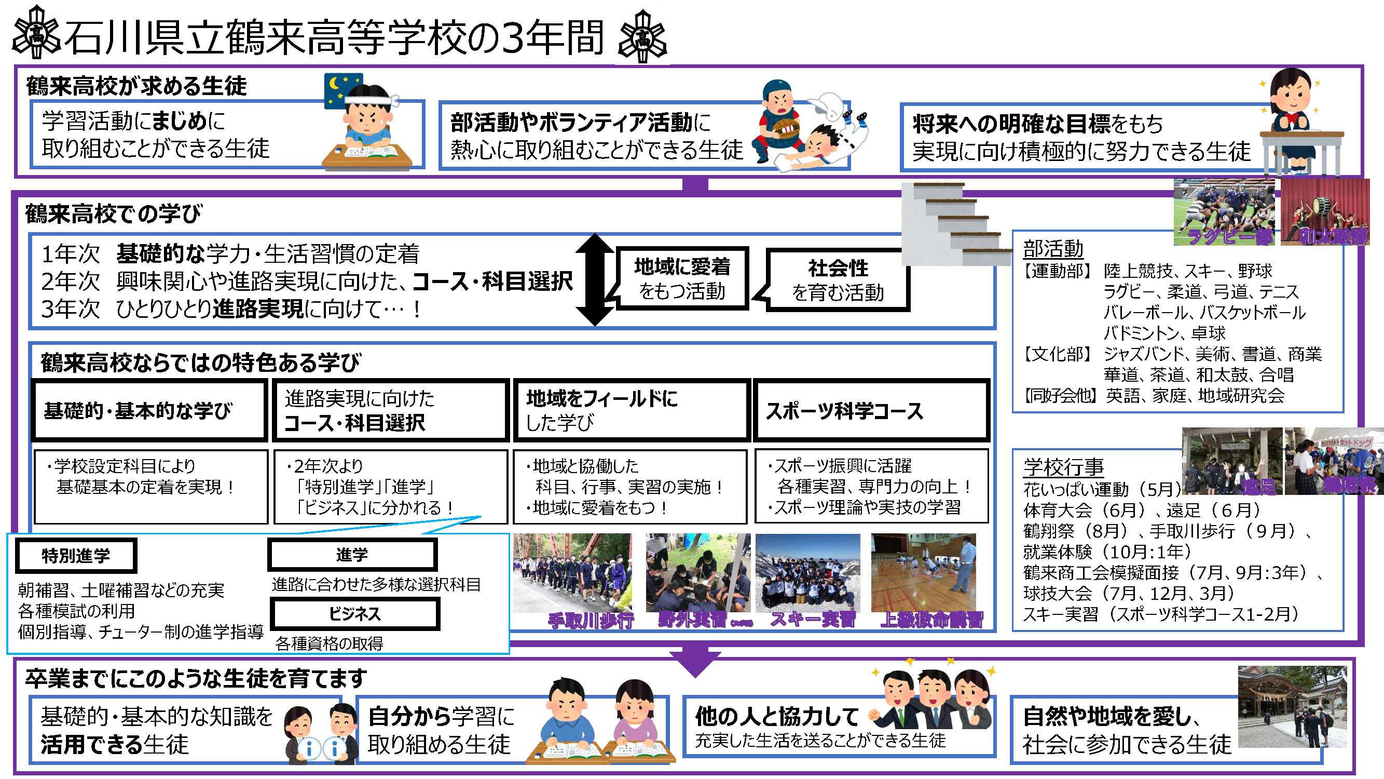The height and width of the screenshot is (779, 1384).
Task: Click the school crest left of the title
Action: tap(36, 33)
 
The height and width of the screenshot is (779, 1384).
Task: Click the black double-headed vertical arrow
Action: tap(594, 279)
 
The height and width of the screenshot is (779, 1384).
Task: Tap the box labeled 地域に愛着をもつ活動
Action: tap(682, 278)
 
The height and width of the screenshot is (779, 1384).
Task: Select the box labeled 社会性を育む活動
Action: tap(838, 280)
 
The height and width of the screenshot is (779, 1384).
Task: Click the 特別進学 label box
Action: tap(76, 555)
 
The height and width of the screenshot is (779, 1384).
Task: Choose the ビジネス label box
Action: tap(354, 613)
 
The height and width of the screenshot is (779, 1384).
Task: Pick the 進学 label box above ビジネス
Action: tap(352, 554)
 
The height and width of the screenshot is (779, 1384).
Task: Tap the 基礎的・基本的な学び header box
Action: tap(149, 411)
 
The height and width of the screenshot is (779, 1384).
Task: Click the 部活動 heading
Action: tap(1053, 249)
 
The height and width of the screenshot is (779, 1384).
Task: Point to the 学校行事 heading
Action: tap(1063, 467)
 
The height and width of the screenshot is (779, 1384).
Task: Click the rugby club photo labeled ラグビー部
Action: tap(1223, 211)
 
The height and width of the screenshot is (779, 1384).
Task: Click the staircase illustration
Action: tap(954, 223)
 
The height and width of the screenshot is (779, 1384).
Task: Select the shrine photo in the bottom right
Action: tap(1292, 706)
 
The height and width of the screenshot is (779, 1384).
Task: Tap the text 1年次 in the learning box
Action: tap(71, 253)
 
